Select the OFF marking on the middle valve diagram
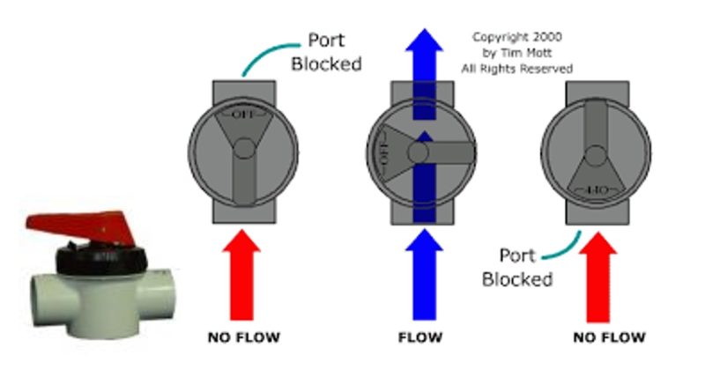[383, 152]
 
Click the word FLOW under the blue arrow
[420, 337]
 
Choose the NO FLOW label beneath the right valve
[609, 337]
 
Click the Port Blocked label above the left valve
[334, 51]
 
